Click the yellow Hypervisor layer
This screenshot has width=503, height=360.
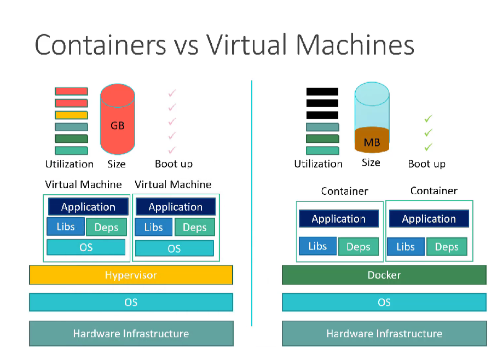click(x=131, y=275)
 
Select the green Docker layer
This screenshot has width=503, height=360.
click(x=384, y=275)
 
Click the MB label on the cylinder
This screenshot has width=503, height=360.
click(x=372, y=143)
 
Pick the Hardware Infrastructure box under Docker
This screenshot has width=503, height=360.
click(x=384, y=333)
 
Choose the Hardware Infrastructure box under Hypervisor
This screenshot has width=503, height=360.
click(x=131, y=333)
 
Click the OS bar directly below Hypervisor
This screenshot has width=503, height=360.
click(x=131, y=302)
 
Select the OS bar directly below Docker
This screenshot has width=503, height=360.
click(x=384, y=302)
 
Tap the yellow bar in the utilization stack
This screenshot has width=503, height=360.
click(x=71, y=115)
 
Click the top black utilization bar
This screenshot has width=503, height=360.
click(x=322, y=91)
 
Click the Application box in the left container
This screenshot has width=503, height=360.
click(x=338, y=219)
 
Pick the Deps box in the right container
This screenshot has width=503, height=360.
click(x=446, y=247)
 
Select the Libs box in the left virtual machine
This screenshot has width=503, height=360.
click(x=66, y=227)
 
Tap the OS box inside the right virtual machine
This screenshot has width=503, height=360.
click(x=174, y=248)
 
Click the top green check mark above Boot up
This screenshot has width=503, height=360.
click(x=428, y=118)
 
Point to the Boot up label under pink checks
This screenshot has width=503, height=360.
click(x=174, y=164)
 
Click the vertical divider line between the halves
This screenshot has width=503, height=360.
click(x=252, y=202)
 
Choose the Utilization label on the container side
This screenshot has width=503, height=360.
click(x=318, y=164)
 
